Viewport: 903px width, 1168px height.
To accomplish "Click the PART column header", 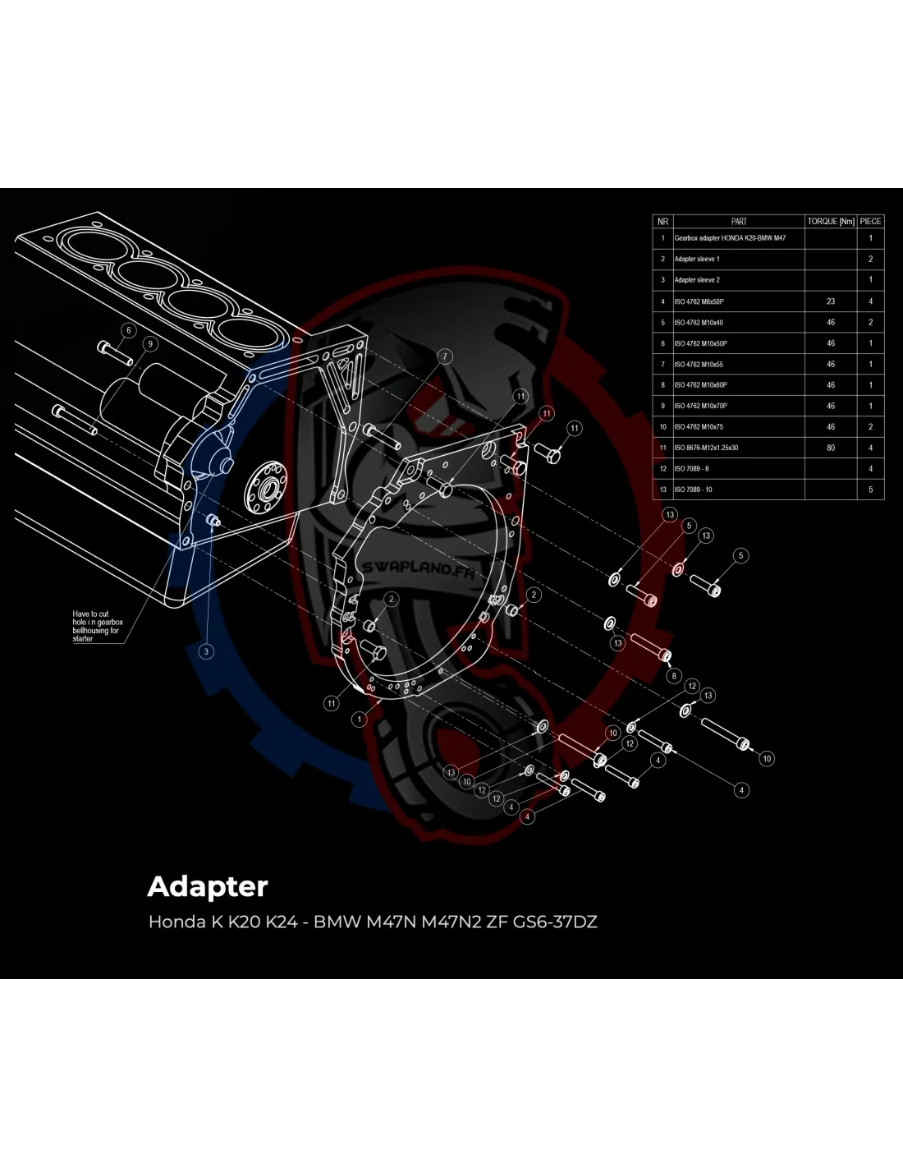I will tap(739, 221).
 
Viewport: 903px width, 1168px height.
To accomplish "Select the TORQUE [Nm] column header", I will tap(831, 221).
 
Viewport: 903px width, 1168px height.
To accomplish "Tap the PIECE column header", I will tap(871, 221).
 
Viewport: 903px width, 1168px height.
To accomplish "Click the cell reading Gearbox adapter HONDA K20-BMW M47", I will tap(730, 238).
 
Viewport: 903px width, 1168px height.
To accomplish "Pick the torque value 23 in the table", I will tap(831, 301).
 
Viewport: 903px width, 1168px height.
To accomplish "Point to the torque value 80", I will tap(831, 448).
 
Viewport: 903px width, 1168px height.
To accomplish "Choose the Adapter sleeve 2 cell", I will tap(697, 280).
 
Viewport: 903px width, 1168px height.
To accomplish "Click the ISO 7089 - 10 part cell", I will tap(694, 490).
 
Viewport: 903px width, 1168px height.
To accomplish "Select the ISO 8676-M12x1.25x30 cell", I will tap(706, 448).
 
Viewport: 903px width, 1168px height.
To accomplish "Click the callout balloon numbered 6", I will tap(128, 330).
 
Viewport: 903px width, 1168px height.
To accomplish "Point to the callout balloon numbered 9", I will tap(149, 344).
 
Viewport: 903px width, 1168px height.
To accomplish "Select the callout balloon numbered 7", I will tap(445, 356).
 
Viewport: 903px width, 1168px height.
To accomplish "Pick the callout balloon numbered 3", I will tap(206, 651).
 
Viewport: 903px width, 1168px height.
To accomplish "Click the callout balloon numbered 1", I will tap(360, 720).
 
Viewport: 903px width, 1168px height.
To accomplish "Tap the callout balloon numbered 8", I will tap(674, 676).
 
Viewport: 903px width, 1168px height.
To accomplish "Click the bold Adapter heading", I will tap(208, 886).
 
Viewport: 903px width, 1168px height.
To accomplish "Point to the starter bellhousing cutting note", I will tap(97, 626).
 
